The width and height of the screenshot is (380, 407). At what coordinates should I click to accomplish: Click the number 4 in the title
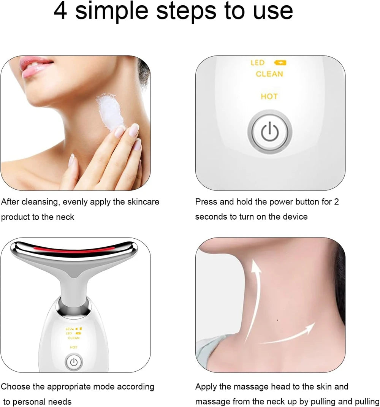pos(60,12)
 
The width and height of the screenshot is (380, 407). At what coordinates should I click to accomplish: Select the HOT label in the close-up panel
pos(269,97)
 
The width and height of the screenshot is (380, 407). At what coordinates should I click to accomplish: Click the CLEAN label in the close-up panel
pos(269,74)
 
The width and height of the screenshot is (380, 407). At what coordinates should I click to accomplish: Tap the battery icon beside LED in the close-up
pos(280,63)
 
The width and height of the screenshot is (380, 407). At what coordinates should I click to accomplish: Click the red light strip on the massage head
pos(74,250)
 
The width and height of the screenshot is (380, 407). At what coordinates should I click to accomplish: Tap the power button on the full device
pos(74,362)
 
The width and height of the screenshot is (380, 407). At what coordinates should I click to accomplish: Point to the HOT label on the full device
pos(74,347)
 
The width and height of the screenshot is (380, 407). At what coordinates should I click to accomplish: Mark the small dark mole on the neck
pos(277,320)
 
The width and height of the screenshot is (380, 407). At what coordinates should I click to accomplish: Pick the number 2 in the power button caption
pos(336,202)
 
